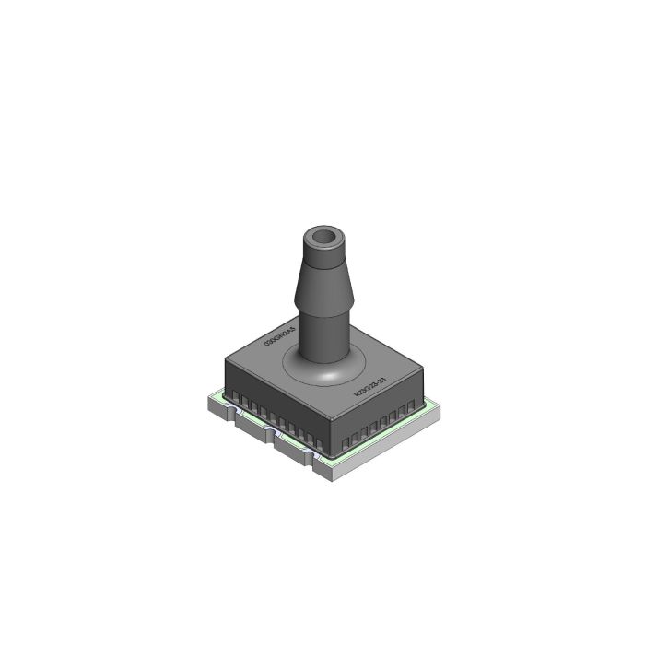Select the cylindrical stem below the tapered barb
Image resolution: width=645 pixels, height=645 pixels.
pos(323,341)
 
